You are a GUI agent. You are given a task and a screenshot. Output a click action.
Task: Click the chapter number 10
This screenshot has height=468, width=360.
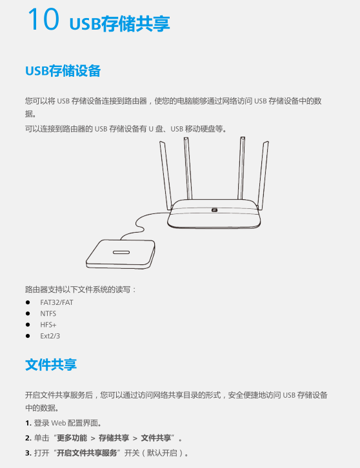coord(43,19)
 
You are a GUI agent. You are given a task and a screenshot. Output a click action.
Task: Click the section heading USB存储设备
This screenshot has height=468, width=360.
coord(63,71)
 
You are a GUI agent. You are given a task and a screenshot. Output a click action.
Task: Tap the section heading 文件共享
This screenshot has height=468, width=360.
coord(51,365)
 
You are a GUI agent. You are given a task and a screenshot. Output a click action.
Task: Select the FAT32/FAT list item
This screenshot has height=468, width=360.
coord(57,302)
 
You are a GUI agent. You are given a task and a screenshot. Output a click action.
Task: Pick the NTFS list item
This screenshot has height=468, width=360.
coord(48,314)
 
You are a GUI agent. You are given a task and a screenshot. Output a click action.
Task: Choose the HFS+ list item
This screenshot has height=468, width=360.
coord(48,325)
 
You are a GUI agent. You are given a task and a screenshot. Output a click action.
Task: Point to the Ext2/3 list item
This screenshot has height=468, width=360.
coord(50,336)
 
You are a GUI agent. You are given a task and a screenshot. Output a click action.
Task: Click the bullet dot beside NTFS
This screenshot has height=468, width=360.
coord(28,314)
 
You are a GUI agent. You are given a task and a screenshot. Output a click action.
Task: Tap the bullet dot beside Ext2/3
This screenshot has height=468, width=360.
coord(28,336)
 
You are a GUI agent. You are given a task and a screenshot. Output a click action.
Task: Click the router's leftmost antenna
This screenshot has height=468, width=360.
coord(166,175)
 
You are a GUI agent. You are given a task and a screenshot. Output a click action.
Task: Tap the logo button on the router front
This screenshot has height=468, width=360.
coord(214,210)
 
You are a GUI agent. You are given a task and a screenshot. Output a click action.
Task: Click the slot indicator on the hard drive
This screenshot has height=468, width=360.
coord(121,252)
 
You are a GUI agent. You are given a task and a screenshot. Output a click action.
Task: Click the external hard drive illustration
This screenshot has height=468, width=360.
coord(121,254)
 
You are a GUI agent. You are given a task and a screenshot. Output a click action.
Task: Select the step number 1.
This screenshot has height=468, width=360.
coord(28,424)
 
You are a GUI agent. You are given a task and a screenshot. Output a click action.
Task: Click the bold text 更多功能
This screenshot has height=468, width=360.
coord(72,438)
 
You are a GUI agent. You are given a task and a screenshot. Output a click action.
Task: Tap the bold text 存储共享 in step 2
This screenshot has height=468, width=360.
coord(114,438)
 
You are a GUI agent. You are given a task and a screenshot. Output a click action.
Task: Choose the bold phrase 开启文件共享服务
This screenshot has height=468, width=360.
coord(87,453)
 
